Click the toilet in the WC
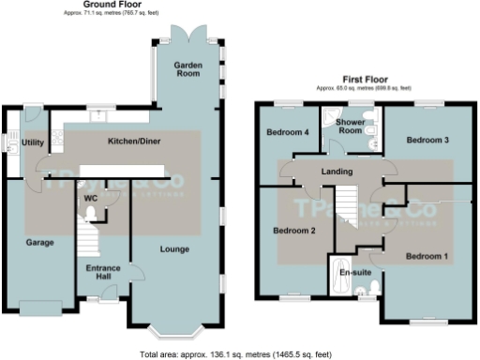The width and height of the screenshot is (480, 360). [x=90, y=214]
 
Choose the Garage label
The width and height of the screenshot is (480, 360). [x=39, y=242]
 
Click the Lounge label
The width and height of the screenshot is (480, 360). [x=175, y=249]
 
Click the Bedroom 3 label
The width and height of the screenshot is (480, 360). [x=427, y=140]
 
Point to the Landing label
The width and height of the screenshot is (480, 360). [x=336, y=172]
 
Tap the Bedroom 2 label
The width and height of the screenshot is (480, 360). [x=293, y=230]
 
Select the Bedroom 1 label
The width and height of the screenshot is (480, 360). [x=427, y=256]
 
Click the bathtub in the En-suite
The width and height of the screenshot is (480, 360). [x=337, y=274]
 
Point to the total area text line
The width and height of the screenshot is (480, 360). [x=239, y=353]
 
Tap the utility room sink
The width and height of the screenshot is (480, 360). [x=11, y=143]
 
